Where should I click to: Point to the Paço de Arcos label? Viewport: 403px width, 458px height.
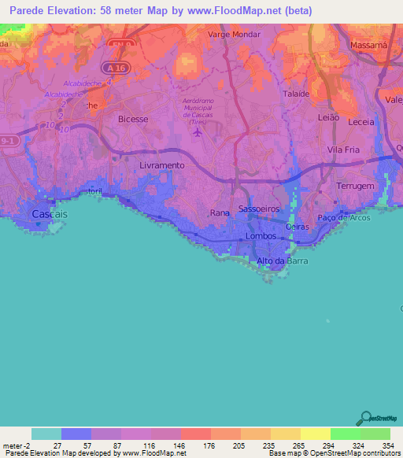(x=344, y=217)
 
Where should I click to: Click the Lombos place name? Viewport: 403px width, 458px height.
(x=261, y=236)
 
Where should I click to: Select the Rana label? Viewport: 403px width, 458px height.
(x=220, y=213)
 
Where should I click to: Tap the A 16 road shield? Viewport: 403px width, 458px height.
(x=118, y=68)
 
